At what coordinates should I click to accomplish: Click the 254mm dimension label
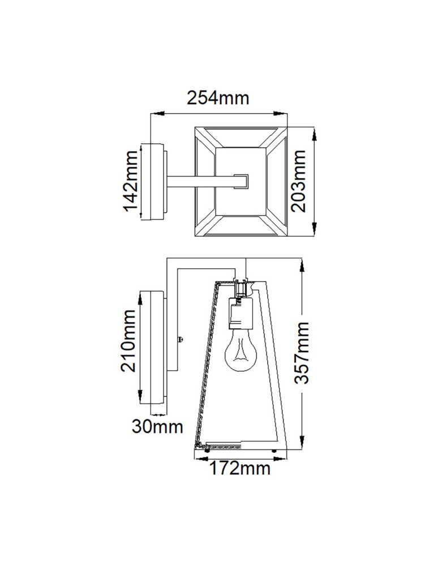pos(218,98)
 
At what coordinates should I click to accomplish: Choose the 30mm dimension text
pos(157,426)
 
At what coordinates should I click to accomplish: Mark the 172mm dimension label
pos(241,468)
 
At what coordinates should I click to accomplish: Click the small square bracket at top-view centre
pos(242,181)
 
